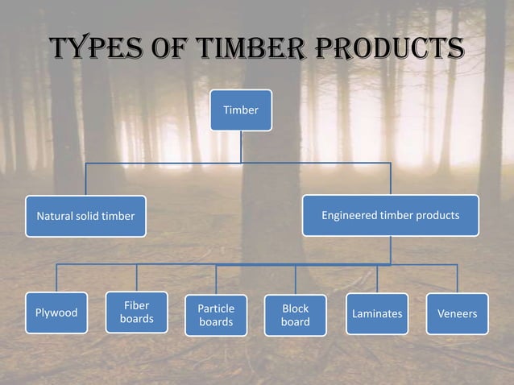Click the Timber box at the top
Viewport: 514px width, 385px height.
click(241, 110)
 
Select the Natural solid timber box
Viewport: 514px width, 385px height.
click(85, 216)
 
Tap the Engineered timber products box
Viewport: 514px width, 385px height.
click(390, 215)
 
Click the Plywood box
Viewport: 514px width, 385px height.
click(56, 313)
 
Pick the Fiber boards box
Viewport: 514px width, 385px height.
click(136, 312)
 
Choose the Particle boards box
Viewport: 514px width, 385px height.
click(216, 315)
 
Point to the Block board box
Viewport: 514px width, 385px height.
click(295, 315)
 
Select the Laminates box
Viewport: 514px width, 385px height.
click(376, 313)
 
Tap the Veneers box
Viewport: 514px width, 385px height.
click(457, 313)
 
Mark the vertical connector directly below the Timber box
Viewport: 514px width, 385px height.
click(241, 146)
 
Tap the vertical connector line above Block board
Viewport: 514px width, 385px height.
click(295, 279)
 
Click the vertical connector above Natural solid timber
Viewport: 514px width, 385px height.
click(86, 179)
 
